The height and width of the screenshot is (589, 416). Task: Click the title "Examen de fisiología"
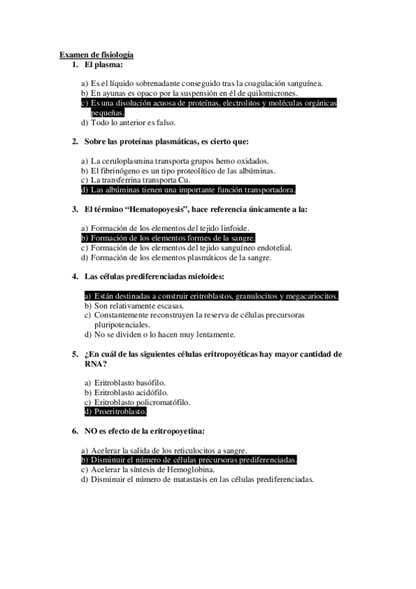click(x=97, y=54)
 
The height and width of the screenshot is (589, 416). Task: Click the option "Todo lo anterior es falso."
click(x=126, y=123)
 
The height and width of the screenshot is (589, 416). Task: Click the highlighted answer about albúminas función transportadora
click(x=188, y=190)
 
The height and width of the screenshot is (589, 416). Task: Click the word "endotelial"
click(x=272, y=247)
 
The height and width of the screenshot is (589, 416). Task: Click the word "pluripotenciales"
click(x=122, y=324)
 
